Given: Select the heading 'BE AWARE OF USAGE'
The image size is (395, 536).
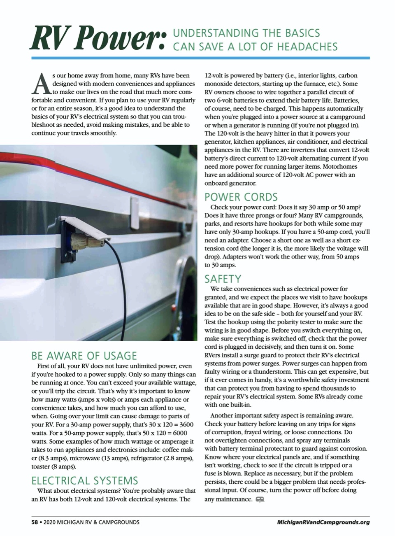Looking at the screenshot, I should (84, 356).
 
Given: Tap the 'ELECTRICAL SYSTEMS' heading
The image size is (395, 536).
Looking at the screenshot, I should (85, 480).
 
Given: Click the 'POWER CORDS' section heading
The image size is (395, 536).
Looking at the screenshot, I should (241, 197).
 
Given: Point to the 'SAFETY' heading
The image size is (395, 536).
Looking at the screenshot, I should (223, 279).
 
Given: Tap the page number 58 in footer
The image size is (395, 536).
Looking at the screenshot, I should (35, 522).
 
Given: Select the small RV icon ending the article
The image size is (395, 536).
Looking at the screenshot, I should (260, 499).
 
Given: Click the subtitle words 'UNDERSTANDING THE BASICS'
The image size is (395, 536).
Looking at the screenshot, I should (246, 33).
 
